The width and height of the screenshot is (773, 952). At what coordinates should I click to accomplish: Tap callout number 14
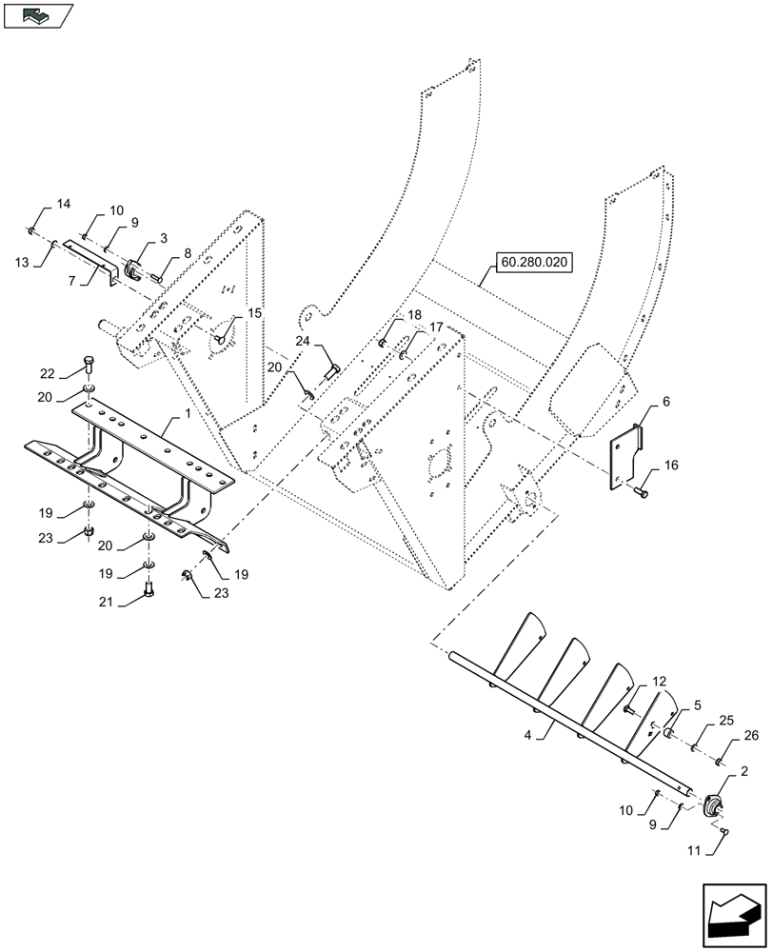pyautogui.click(x=63, y=205)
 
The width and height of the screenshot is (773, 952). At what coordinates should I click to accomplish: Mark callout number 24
pyautogui.click(x=302, y=340)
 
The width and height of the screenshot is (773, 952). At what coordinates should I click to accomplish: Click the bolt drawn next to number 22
pyautogui.click(x=89, y=361)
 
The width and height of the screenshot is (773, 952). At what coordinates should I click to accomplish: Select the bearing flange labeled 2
pyautogui.click(x=710, y=806)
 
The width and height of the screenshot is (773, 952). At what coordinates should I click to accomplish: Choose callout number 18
pyautogui.click(x=415, y=314)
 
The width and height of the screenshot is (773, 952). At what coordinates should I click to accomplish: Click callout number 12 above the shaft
pyautogui.click(x=658, y=683)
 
